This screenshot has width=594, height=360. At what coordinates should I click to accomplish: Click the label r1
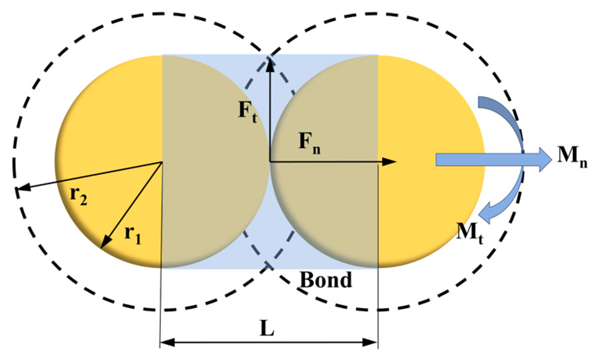click(133, 235)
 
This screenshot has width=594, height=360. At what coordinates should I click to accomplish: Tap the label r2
click(78, 195)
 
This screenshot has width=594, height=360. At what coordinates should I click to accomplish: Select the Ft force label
click(248, 112)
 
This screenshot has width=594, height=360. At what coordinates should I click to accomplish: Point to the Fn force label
click(309, 143)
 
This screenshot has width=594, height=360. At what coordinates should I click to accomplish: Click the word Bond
click(326, 280)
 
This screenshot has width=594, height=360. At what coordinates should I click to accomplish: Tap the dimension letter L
click(267, 329)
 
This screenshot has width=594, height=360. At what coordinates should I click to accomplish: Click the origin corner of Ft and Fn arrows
click(270, 162)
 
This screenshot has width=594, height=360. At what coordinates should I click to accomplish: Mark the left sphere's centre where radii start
click(162, 162)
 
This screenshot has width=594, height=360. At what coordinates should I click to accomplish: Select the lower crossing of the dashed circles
click(269, 266)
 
